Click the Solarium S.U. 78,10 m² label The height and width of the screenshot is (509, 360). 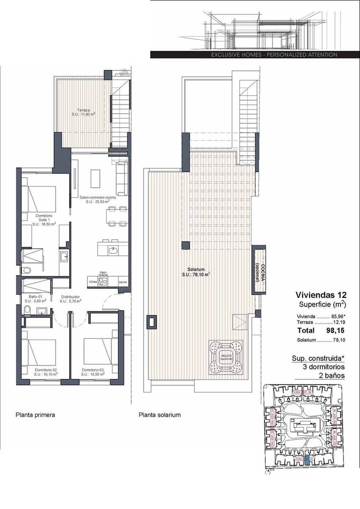click(197, 272)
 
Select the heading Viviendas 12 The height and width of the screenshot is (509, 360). click(321, 295)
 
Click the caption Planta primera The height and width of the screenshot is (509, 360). click(35, 415)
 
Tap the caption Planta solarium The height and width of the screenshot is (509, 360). click(160, 415)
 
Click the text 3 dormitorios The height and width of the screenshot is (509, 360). click(323, 367)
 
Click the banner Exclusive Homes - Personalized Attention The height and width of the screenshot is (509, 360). click(274, 55)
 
